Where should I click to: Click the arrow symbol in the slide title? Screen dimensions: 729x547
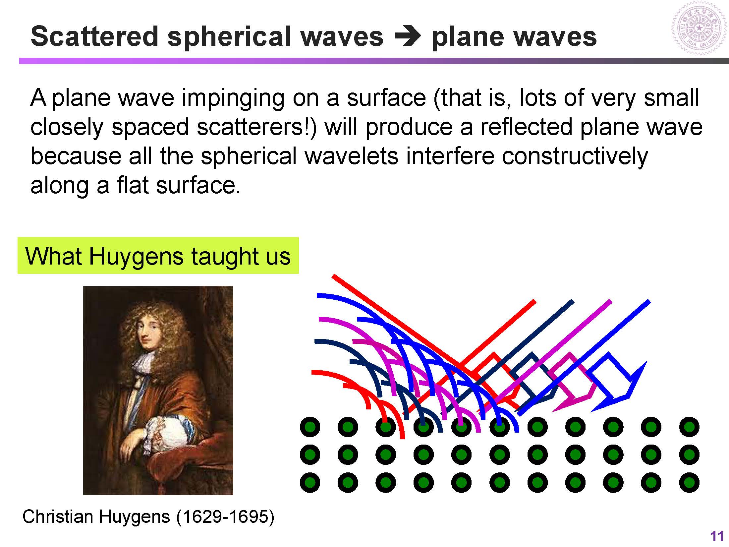pos(408,37)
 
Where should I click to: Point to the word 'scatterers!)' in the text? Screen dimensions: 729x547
pos(257,127)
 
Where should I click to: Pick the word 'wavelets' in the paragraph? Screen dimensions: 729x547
pos(352,156)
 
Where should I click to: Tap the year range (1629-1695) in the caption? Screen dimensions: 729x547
pos(225,516)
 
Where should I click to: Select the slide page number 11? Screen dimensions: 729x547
pos(716,536)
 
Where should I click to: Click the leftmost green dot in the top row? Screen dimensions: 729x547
pos(310,427)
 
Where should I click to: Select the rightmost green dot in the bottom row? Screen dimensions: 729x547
pos(689,482)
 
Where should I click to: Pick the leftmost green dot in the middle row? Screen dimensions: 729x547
pos(310,455)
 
